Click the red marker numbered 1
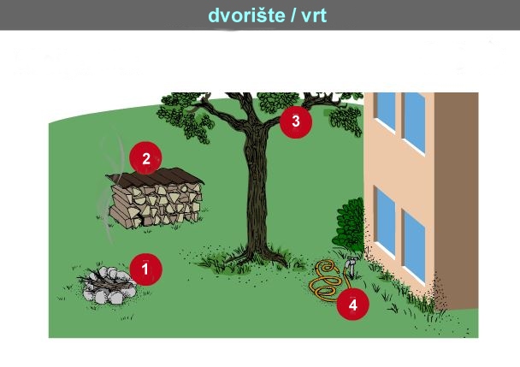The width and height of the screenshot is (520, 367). click(x=145, y=269)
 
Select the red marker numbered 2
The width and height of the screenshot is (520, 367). click(x=145, y=158)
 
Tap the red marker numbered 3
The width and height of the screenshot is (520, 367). click(x=296, y=121)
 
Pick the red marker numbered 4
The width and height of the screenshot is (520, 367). click(x=353, y=304)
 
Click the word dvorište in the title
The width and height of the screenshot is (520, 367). click(x=246, y=15)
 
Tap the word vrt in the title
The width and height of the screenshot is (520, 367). click(x=314, y=16)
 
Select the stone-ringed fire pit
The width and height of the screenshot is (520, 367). click(x=108, y=286)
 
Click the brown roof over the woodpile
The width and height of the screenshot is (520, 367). click(x=155, y=177)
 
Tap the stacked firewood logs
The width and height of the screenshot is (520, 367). click(x=156, y=205)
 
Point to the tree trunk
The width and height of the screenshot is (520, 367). click(x=257, y=189)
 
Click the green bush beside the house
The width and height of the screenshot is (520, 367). click(x=349, y=225)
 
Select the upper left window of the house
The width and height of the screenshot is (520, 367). click(x=385, y=111)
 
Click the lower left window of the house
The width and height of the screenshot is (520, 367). click(x=385, y=222)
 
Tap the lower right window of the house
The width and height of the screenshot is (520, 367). click(x=414, y=246)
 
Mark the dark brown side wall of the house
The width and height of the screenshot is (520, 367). click(x=457, y=199)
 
